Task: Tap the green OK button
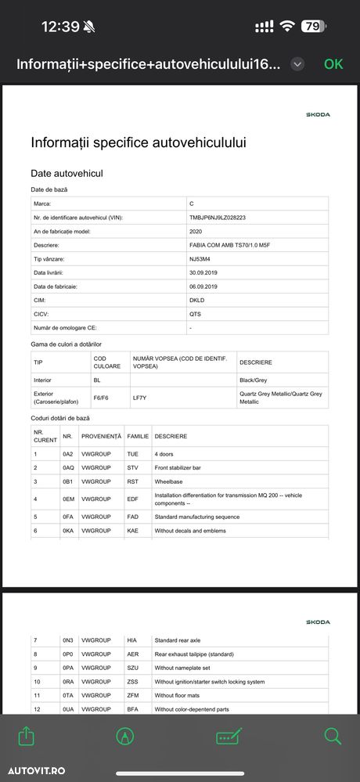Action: click(x=333, y=64)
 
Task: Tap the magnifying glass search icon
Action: click(x=333, y=736)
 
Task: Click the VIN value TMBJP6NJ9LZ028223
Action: click(x=218, y=218)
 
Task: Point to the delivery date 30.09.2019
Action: click(x=203, y=272)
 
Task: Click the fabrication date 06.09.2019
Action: click(x=203, y=286)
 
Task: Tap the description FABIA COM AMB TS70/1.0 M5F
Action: click(x=230, y=245)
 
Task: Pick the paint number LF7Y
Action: click(x=139, y=397)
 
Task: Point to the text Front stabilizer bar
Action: click(x=178, y=467)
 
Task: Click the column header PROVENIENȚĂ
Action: click(x=101, y=436)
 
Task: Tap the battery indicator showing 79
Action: click(x=311, y=26)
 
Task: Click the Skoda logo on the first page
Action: click(x=318, y=114)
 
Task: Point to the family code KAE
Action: click(x=132, y=531)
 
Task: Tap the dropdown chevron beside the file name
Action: click(x=297, y=64)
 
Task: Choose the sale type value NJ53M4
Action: click(x=200, y=259)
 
